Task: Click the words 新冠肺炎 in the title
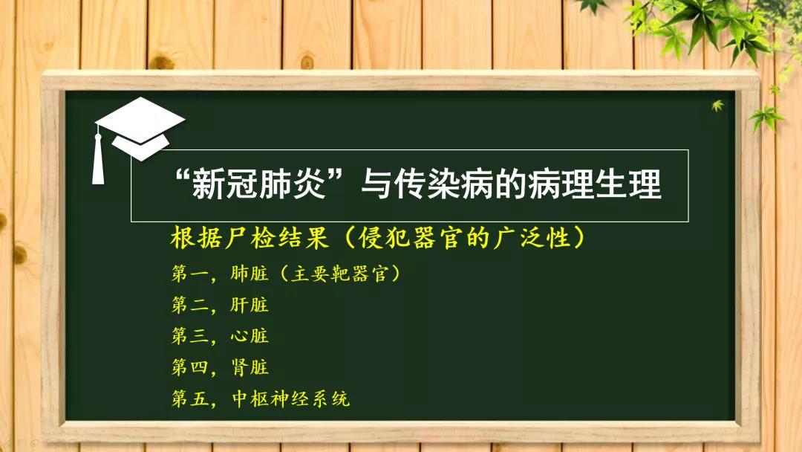pyautogui.click(x=259, y=184)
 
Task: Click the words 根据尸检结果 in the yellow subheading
pyautogui.click(x=249, y=238)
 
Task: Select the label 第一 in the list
pyautogui.click(x=190, y=274)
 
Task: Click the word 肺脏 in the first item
pyautogui.click(x=249, y=274)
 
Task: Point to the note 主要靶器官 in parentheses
pyautogui.click(x=340, y=274)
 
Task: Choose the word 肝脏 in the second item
pyautogui.click(x=249, y=305)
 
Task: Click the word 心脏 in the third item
pyautogui.click(x=249, y=336)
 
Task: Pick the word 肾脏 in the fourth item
pyautogui.click(x=249, y=367)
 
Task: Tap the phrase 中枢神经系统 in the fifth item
pyautogui.click(x=290, y=398)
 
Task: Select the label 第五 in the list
pyautogui.click(x=190, y=398)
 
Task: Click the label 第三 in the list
pyautogui.click(x=190, y=336)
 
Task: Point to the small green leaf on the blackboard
pyautogui.click(x=717, y=106)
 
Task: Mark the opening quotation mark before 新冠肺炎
pyautogui.click(x=183, y=177)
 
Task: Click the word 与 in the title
pyautogui.click(x=376, y=184)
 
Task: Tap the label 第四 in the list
pyautogui.click(x=190, y=367)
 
